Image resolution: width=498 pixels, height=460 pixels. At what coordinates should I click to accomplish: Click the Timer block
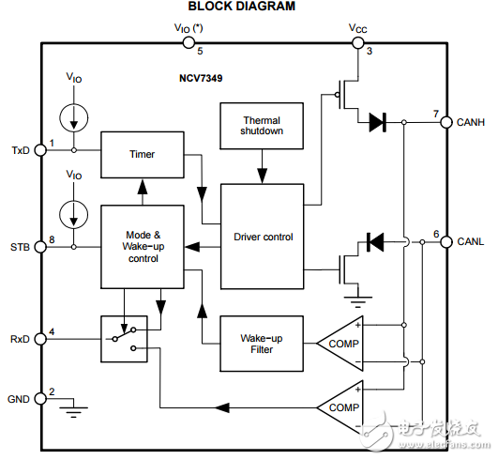pyautogui.click(x=143, y=155)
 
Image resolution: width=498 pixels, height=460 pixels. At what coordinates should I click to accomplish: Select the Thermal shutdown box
pyautogui.click(x=262, y=126)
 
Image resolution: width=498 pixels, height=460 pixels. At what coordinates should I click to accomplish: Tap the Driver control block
pyautogui.click(x=263, y=237)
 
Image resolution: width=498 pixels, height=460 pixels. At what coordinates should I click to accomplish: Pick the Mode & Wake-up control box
pyautogui.click(x=143, y=247)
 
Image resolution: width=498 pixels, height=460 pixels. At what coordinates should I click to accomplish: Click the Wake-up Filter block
pyautogui.click(x=262, y=344)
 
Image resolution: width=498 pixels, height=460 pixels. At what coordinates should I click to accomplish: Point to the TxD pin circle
pyautogui.click(x=40, y=150)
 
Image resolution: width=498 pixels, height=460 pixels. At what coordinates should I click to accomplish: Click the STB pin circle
pyautogui.click(x=40, y=247)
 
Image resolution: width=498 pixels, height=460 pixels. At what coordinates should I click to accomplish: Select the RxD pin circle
pyautogui.click(x=40, y=339)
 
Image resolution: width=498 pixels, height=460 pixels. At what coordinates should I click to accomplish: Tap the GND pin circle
pyautogui.click(x=40, y=398)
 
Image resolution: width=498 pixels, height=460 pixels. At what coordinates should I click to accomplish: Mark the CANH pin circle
pyautogui.click(x=446, y=122)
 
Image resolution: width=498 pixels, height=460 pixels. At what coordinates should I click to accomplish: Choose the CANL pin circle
pyautogui.click(x=446, y=242)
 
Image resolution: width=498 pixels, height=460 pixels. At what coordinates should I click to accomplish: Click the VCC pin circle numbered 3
pyautogui.click(x=358, y=42)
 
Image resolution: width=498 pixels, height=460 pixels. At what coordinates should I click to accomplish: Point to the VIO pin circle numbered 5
pyautogui.click(x=189, y=42)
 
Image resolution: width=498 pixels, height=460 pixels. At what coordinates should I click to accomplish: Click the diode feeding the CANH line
pyautogui.click(x=377, y=122)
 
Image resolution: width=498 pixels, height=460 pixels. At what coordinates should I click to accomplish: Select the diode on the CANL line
pyautogui.click(x=375, y=242)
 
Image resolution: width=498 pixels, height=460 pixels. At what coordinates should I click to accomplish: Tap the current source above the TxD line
pyautogui.click(x=74, y=118)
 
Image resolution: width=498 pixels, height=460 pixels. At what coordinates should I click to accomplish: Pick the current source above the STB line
pyautogui.click(x=74, y=214)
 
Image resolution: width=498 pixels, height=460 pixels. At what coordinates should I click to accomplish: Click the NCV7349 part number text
pyautogui.click(x=201, y=78)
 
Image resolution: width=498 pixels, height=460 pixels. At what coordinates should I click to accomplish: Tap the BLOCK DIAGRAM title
pyautogui.click(x=242, y=7)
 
